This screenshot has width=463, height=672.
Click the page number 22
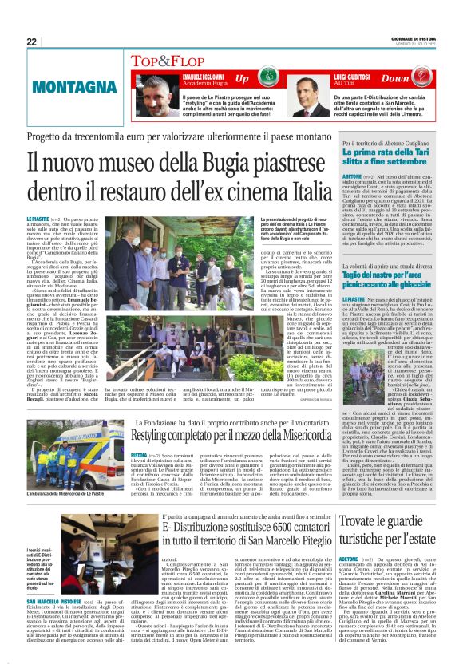click(x=32, y=42)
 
